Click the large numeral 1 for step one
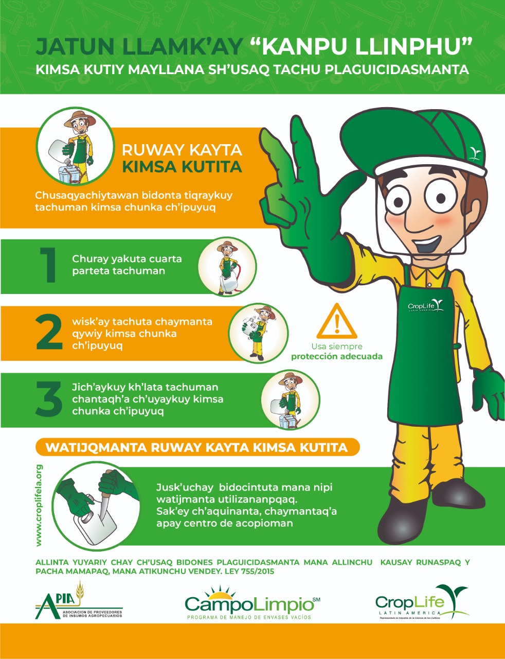point(48,265)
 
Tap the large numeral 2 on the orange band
point(49,332)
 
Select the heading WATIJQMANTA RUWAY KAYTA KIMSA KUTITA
point(196,448)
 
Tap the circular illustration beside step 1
point(227,266)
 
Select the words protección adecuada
point(336,357)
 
